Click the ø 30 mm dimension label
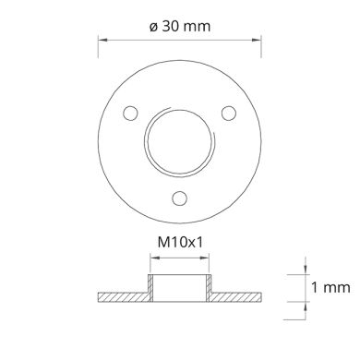click(180, 27)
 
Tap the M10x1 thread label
click(180, 243)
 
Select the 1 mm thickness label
click(330, 288)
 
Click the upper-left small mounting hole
click(130, 114)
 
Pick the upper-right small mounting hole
click(229, 114)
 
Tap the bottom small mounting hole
click(180, 198)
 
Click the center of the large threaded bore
click(180, 141)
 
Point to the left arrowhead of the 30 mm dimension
click(102, 40)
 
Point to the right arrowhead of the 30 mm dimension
click(257, 40)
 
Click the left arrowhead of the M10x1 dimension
click(154, 258)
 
